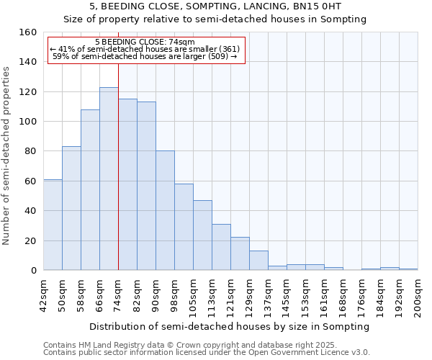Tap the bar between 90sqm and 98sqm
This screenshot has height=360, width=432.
[x=165, y=210]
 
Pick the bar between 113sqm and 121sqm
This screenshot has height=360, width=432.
[x=221, y=247]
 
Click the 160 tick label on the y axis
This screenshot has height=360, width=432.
[x=28, y=32]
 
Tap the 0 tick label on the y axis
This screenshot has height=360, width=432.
[x=34, y=271]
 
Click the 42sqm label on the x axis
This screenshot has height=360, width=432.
[x=44, y=295]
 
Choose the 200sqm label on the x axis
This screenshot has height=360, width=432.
[x=418, y=295]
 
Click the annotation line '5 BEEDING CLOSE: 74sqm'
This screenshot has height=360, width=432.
[x=145, y=42]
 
